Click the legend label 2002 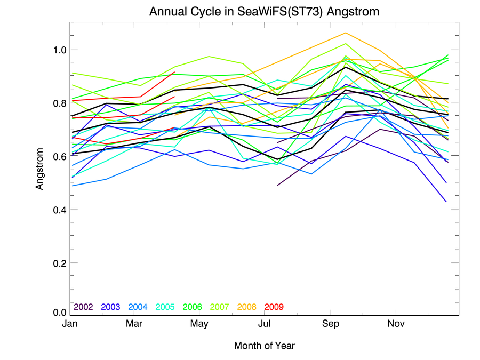84,307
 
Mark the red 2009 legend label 274,307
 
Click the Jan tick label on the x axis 69,324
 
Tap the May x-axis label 199,324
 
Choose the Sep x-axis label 331,324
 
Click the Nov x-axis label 395,324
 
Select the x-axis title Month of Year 264,346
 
